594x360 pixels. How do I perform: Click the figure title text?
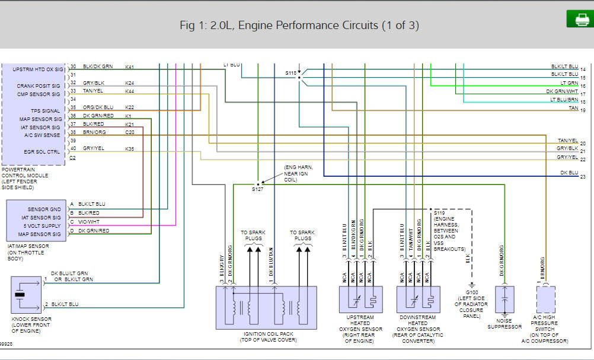point(299,26)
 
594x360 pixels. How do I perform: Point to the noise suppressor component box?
point(504,300)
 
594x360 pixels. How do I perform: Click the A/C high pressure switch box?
point(545,300)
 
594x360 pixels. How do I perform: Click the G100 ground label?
point(472,292)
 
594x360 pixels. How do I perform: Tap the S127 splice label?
point(257,189)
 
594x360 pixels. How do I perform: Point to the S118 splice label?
point(290,73)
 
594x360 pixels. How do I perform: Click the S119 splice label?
point(439,212)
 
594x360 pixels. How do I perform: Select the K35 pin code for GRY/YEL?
point(130,148)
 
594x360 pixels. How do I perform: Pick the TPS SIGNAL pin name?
point(45,110)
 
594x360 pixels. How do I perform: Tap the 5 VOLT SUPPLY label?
point(42,226)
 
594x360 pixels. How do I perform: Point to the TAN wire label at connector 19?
point(573,108)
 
